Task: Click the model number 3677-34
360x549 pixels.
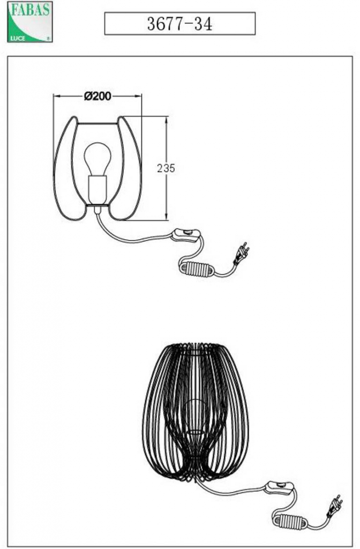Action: coord(179,24)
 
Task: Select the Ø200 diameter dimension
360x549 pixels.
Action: coord(97,96)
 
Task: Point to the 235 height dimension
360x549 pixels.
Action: coord(166,168)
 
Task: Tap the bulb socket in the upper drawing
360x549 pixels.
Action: coord(97,190)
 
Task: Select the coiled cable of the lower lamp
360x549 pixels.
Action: coord(290,521)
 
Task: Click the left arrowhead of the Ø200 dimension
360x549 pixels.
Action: coord(57,96)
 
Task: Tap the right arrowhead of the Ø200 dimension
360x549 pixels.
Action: coord(138,96)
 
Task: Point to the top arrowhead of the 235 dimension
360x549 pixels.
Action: coord(166,121)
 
